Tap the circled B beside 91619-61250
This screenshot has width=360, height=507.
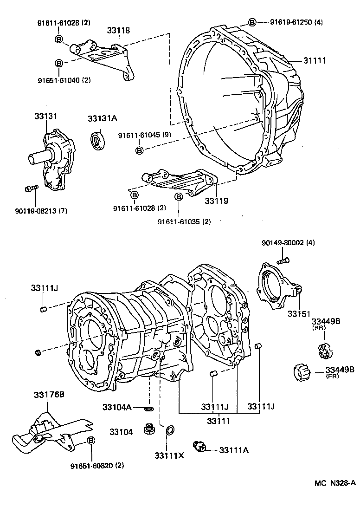pos(252,22)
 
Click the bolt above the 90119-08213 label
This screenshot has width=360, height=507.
pos(31,188)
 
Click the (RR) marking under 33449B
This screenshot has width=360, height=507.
pos(319,328)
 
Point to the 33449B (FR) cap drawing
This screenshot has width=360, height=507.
pos(302,372)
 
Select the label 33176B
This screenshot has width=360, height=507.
pos(48,395)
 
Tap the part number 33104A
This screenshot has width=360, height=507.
pos(117,407)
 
